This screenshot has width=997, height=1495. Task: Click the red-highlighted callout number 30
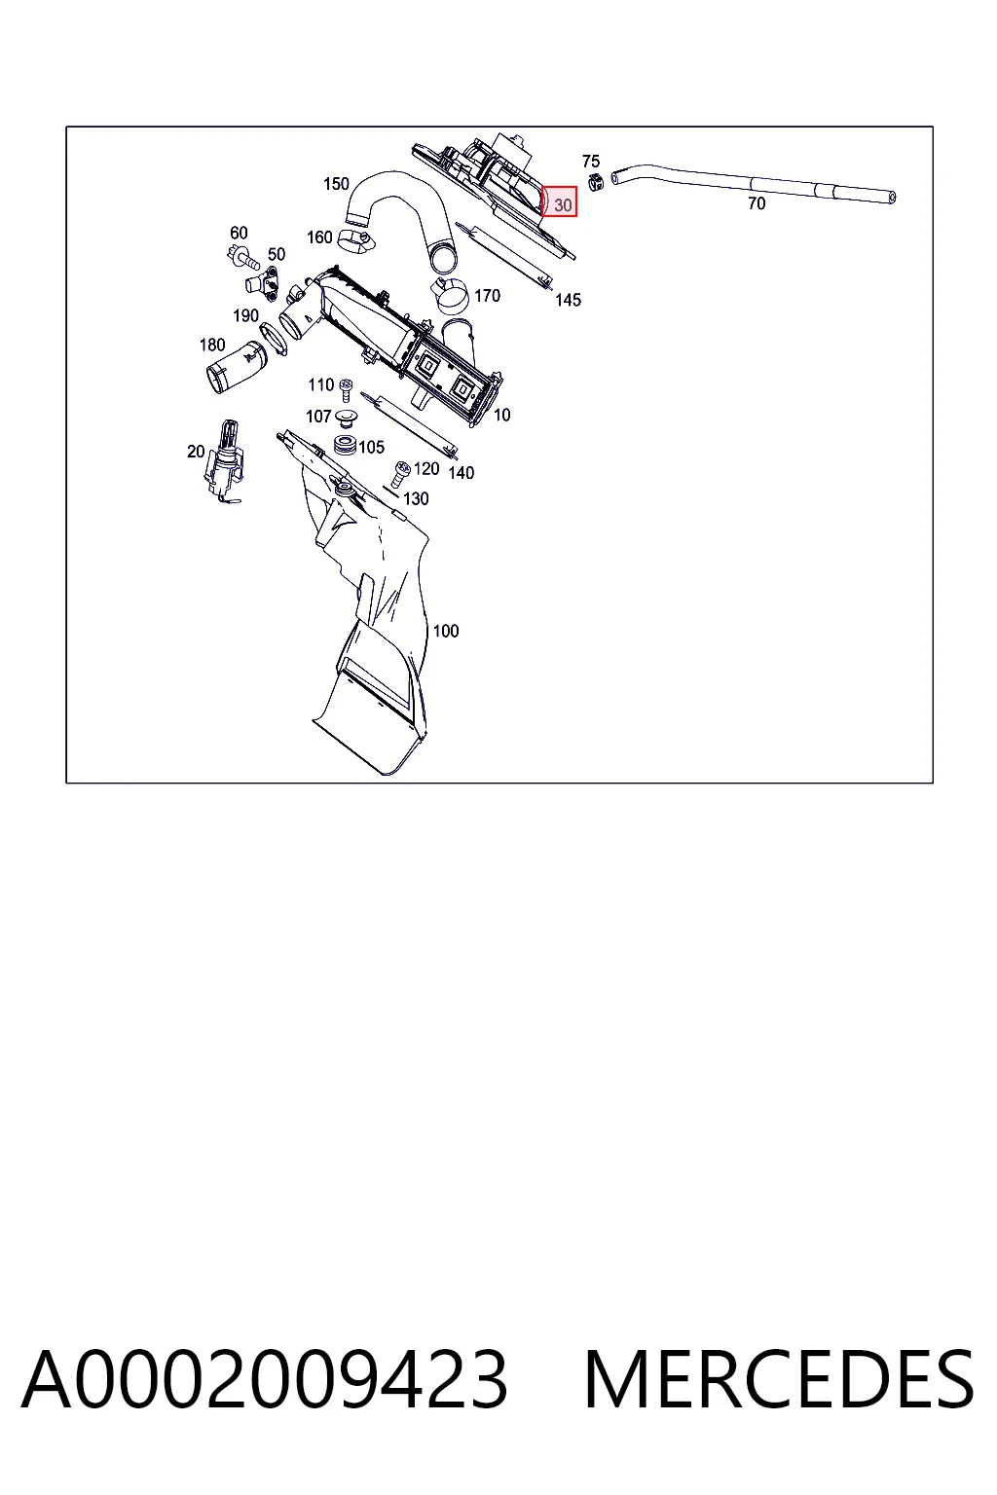point(563,205)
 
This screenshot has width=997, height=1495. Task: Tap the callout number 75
point(590,161)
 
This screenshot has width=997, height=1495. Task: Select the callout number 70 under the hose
point(756,203)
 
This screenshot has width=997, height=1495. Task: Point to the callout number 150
point(336,184)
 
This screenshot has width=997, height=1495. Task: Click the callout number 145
point(568,301)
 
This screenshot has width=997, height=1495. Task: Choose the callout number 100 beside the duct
point(445,631)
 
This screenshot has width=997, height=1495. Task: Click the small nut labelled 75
point(595,181)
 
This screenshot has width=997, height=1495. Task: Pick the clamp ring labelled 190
point(273,337)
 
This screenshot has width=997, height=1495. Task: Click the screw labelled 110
point(346,390)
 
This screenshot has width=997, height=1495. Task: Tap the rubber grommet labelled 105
point(345,445)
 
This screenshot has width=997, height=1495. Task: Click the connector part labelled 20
point(225,460)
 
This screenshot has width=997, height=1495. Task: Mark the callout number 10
point(501,416)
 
